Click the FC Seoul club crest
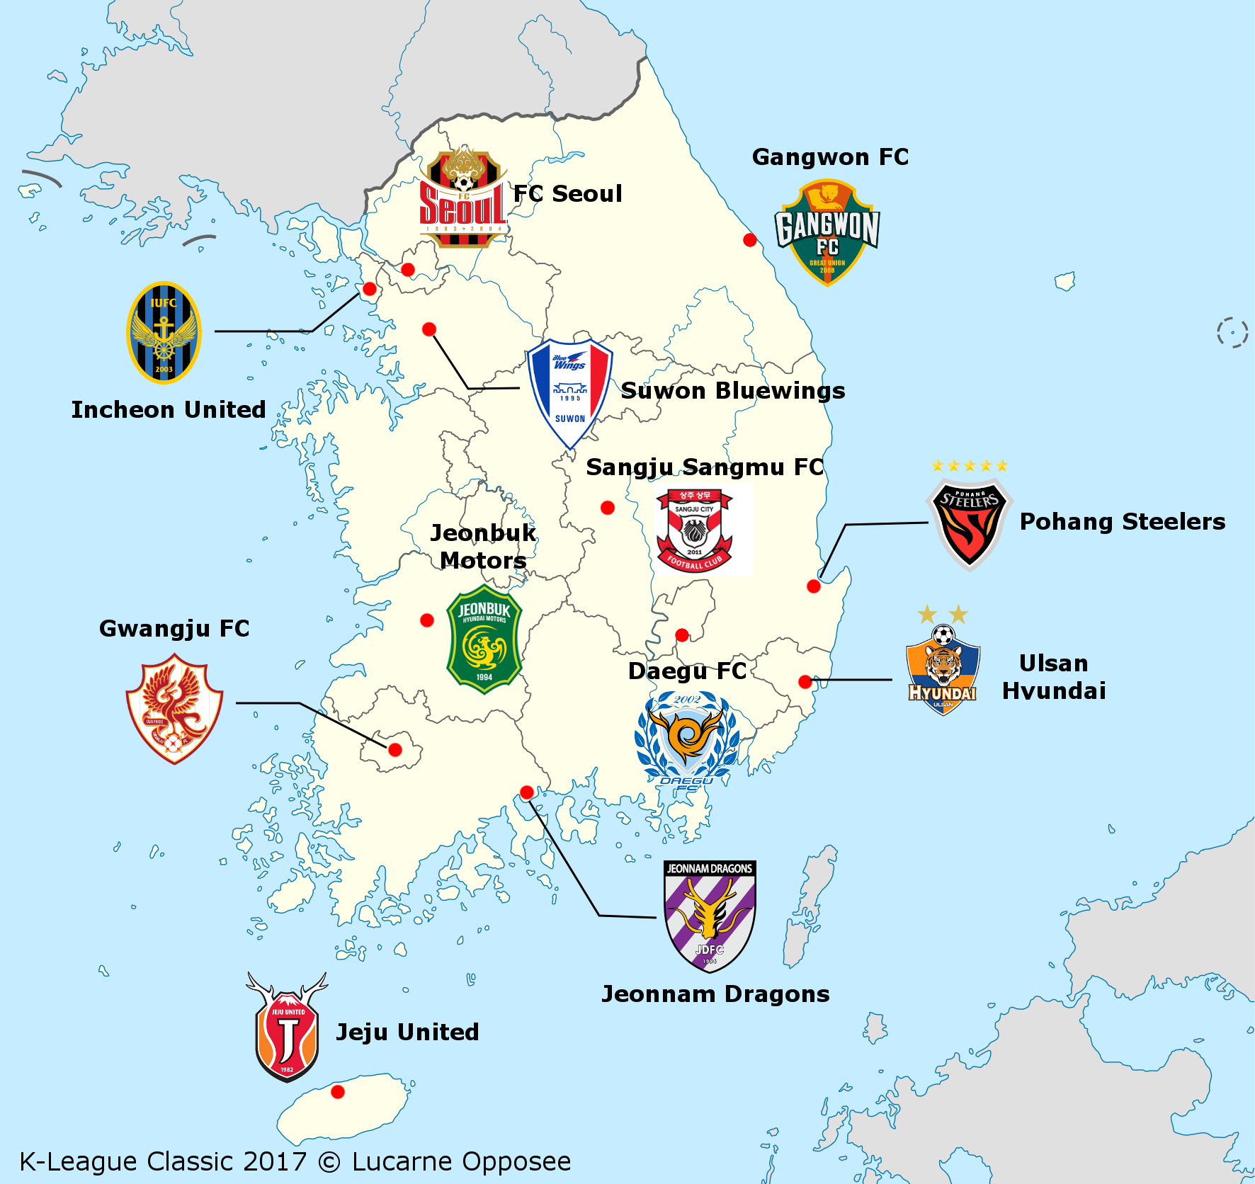pos(462,198)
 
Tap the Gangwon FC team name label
pos(830,157)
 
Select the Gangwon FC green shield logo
pos(827,232)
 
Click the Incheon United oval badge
pos(164,333)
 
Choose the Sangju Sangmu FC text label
pos(705,467)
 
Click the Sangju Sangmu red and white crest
pos(694,530)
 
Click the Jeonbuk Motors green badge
pos(484,639)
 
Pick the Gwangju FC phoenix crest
pos(174,709)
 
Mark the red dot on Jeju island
pos(338,1092)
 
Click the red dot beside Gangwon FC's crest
pos(750,240)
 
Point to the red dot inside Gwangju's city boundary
pos(395,749)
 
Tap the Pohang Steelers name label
pos(1122,522)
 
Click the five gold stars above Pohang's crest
pos(970,465)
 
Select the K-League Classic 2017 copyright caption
pos(295,1162)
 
